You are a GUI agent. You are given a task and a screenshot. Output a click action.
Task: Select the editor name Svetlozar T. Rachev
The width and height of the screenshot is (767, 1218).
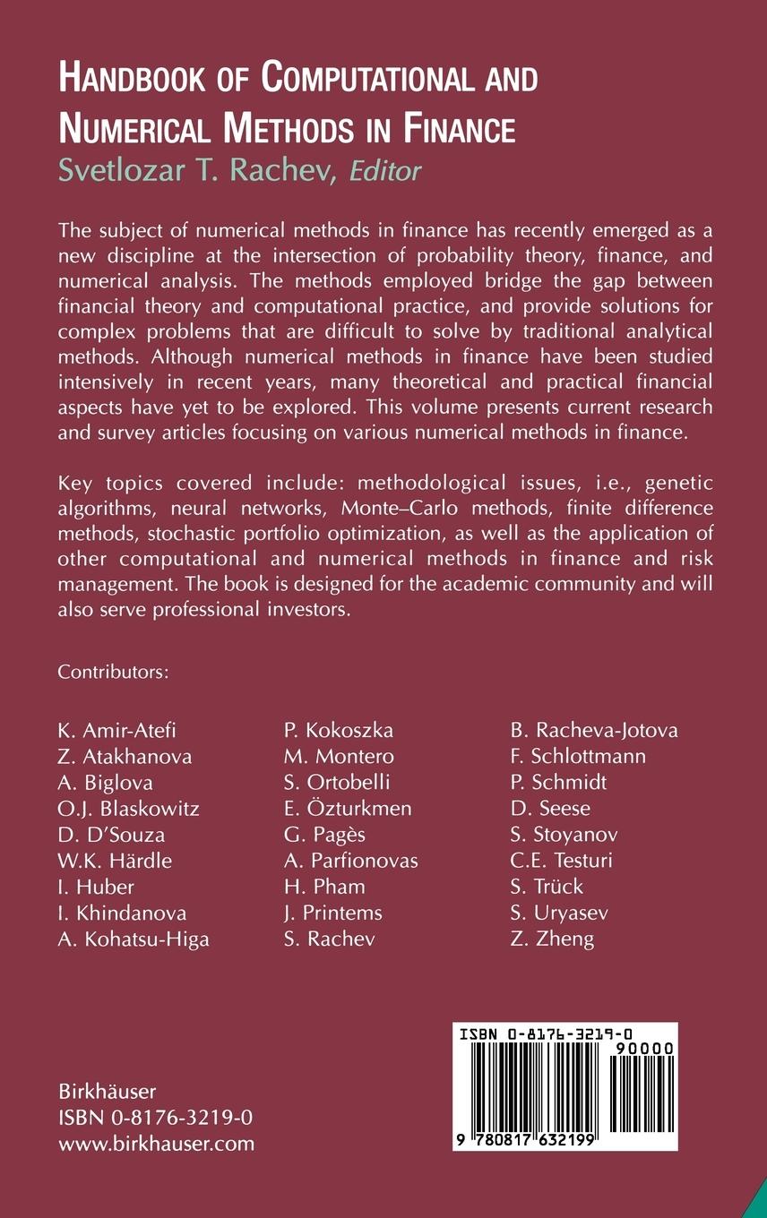click(x=195, y=170)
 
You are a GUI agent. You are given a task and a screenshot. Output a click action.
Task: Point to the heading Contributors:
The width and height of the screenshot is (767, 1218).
click(x=113, y=672)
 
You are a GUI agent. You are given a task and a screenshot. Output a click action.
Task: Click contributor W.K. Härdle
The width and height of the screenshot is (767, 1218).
click(x=115, y=861)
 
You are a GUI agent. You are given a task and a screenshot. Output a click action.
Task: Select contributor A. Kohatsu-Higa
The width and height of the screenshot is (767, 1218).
click(x=134, y=939)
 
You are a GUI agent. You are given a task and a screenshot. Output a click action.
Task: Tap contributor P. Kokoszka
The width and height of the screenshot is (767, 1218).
click(x=339, y=730)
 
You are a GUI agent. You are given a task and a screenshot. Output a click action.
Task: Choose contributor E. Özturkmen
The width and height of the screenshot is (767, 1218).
click(x=348, y=809)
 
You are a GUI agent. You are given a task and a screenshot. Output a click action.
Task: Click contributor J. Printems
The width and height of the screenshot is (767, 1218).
click(x=333, y=913)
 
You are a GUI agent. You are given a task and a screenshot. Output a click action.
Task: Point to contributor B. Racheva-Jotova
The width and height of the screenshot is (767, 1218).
click(x=594, y=730)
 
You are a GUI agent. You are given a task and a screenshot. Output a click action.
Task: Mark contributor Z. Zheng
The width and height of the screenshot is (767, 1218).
click(x=552, y=939)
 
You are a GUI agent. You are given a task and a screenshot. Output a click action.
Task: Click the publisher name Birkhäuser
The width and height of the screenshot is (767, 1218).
click(x=108, y=1092)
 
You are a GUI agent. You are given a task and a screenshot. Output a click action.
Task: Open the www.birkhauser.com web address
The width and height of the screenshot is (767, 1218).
click(x=157, y=1144)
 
